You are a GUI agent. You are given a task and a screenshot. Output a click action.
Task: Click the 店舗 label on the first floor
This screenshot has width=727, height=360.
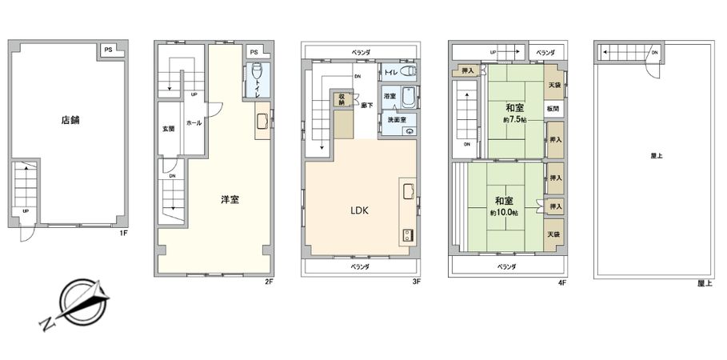point(70,122)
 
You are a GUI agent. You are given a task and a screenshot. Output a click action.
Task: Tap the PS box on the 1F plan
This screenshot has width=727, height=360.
point(107,50)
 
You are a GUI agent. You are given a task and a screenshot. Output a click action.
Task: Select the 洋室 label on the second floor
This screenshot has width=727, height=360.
point(230,199)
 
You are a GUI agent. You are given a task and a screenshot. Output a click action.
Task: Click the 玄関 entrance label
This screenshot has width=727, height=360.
point(169,128)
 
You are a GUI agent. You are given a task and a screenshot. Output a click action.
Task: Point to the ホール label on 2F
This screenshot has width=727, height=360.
point(193,123)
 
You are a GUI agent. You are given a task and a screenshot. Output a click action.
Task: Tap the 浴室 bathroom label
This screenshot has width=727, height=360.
point(389,96)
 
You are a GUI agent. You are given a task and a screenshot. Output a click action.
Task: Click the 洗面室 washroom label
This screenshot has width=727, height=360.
point(397,119)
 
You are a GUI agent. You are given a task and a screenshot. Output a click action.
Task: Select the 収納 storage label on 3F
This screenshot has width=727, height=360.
point(341,99)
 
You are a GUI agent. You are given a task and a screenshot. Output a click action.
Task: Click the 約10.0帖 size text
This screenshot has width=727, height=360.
point(505,212)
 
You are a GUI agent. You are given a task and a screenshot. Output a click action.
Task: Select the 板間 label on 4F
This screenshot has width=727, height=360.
point(553,108)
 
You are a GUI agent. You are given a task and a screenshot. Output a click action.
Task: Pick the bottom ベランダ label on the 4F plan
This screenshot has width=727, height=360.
point(505,266)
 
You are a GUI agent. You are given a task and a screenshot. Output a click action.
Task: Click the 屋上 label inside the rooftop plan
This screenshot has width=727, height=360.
point(656,156)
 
